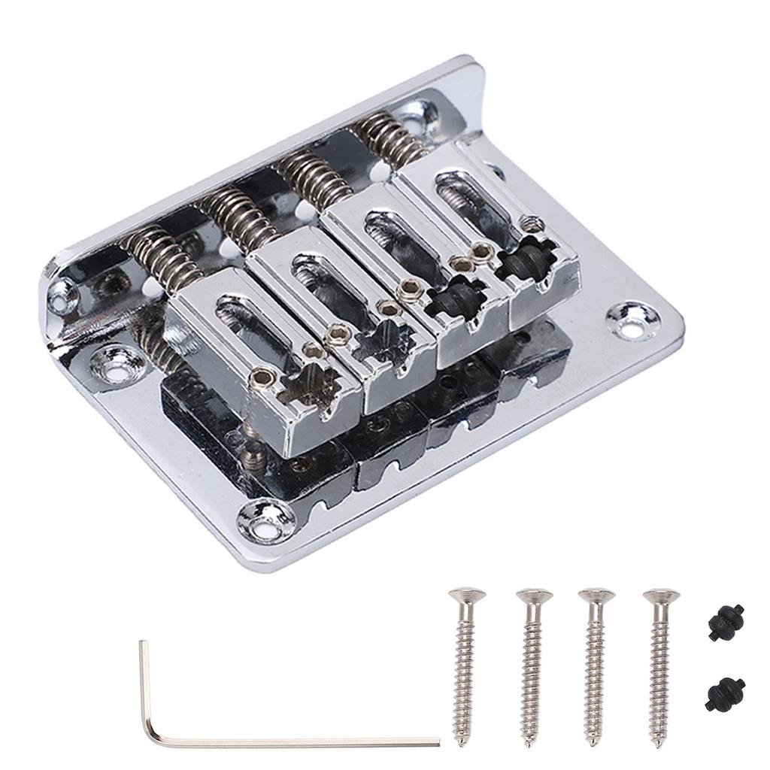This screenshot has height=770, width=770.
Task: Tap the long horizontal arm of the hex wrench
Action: tap(301, 742)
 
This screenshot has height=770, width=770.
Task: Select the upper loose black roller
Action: tap(726, 623)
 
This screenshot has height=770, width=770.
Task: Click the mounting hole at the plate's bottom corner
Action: tap(267, 520)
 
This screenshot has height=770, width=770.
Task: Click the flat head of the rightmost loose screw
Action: tap(661, 596)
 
